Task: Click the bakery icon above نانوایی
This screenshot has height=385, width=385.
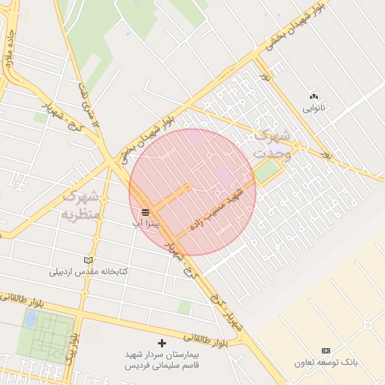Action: click(x=314, y=96)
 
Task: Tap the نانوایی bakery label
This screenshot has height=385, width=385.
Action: click(x=315, y=108)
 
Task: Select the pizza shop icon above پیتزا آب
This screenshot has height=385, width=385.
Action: click(x=145, y=212)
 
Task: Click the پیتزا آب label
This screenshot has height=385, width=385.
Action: click(x=145, y=224)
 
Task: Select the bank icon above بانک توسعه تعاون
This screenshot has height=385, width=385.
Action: click(x=326, y=350)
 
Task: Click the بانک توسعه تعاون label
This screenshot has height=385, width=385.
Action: click(x=326, y=362)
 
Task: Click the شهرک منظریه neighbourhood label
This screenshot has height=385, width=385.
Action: click(x=80, y=205)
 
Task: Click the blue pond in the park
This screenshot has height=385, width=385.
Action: click(x=31, y=319)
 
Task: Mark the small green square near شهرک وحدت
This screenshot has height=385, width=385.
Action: click(x=265, y=172)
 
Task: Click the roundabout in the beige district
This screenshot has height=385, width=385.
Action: click(x=368, y=326)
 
